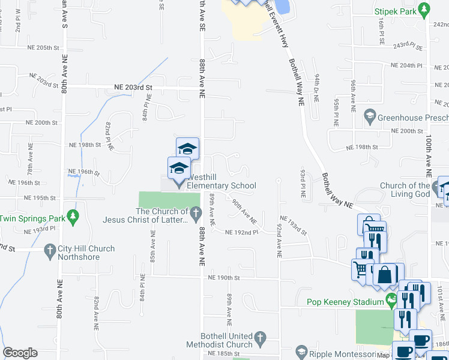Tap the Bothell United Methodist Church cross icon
[x=260, y=338]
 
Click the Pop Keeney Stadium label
[x=345, y=302]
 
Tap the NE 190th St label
[x=224, y=278]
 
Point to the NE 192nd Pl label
[x=241, y=232]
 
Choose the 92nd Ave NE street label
[x=279, y=237]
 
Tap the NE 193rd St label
[x=292, y=227]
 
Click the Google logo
[x=20, y=353]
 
